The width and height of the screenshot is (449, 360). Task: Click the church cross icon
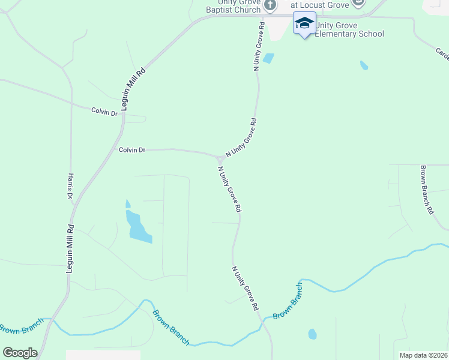pyautogui.click(x=270, y=5)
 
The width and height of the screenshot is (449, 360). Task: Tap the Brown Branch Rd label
pyautogui.click(x=426, y=190)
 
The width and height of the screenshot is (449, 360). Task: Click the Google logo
pyautogui.click(x=20, y=353)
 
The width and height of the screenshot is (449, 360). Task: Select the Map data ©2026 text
pyautogui.click(x=423, y=355)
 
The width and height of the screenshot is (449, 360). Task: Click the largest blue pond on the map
pyautogui.click(x=138, y=227)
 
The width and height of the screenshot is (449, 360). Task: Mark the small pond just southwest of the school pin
pyautogui.click(x=268, y=58)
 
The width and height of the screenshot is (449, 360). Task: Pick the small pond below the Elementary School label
pyautogui.click(x=364, y=65)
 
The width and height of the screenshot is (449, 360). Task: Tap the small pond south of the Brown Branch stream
pyautogui.click(x=312, y=334)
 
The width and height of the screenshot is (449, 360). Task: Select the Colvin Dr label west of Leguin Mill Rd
pyautogui.click(x=104, y=111)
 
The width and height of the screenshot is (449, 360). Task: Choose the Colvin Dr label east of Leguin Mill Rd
pyautogui.click(x=132, y=150)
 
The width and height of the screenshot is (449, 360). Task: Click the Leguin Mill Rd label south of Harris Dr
pyautogui.click(x=70, y=250)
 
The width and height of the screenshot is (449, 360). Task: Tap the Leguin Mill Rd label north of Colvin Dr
pyautogui.click(x=133, y=90)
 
